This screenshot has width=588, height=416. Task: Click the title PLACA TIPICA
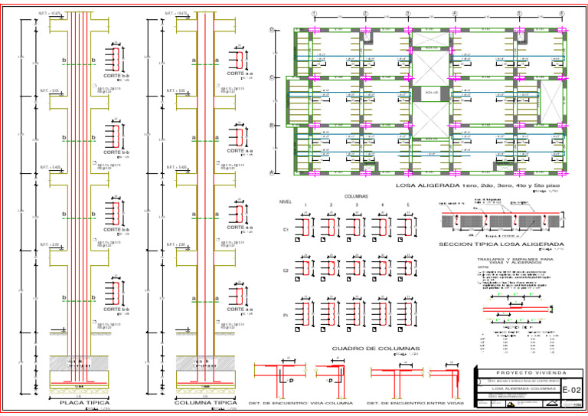84,402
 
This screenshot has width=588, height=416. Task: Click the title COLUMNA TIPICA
205,402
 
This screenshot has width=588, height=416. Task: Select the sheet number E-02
571,391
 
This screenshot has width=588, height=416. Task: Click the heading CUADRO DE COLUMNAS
366,349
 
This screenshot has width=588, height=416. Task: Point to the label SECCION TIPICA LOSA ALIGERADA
495,244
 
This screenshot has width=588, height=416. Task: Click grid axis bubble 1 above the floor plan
314,14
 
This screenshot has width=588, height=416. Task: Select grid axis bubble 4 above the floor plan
455,14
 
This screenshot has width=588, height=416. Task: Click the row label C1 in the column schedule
286,228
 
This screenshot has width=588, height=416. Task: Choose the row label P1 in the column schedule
286,314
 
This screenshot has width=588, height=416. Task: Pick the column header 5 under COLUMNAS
407,205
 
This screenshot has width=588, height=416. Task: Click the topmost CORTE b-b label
116,76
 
